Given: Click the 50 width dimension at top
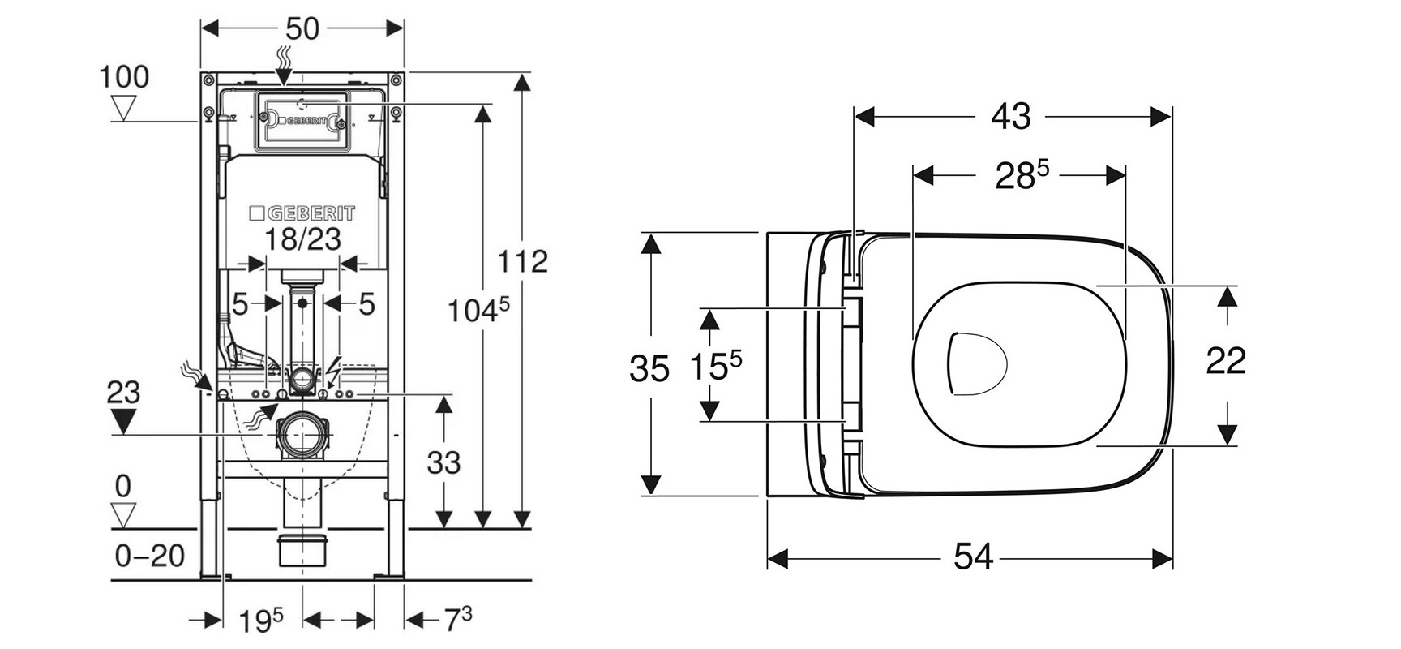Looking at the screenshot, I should click(x=302, y=29).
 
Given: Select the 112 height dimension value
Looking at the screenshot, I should click(x=522, y=261).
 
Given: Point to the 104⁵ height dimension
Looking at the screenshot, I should click(x=479, y=308).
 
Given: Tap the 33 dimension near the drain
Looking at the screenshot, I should click(x=443, y=462).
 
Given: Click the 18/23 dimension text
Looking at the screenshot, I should click(x=303, y=239).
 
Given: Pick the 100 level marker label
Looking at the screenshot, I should click(x=124, y=77).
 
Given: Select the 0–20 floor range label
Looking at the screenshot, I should click(x=150, y=556).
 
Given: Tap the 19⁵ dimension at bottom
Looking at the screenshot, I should click(x=260, y=621).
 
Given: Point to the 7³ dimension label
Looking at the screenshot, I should click(x=456, y=620).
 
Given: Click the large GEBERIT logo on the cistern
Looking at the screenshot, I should click(x=302, y=213).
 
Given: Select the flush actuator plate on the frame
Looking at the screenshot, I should click(x=303, y=122).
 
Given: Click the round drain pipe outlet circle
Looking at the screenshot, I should click(x=303, y=436).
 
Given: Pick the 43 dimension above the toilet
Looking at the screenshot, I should click(x=1011, y=117).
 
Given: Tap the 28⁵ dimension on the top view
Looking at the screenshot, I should click(x=1021, y=175).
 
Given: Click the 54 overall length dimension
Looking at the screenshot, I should click(x=973, y=557).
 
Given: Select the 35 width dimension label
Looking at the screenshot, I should click(x=649, y=369).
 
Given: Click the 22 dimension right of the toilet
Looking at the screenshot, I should click(x=1225, y=361).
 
